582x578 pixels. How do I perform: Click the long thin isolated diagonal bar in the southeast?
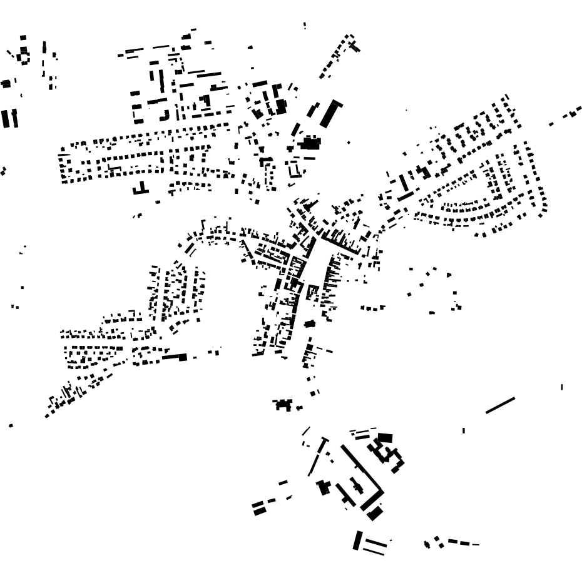500,405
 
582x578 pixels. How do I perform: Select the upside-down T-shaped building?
141,189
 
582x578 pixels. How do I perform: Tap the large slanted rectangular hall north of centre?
331,113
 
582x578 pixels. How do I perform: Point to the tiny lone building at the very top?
305,26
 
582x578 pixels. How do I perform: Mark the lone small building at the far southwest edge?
11,425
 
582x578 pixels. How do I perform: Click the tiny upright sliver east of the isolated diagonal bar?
561,387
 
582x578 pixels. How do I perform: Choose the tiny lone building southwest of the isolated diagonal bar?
463,430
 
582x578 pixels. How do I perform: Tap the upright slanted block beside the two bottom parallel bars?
357,540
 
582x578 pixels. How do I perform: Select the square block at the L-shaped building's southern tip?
375,514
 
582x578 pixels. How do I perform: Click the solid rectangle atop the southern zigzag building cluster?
385,437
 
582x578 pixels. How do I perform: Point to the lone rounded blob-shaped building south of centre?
309,323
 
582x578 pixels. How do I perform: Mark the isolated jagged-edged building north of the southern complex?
283,405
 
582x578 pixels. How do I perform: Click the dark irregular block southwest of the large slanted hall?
309,143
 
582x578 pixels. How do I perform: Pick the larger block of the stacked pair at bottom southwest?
260,511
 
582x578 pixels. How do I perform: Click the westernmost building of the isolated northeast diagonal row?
551,124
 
